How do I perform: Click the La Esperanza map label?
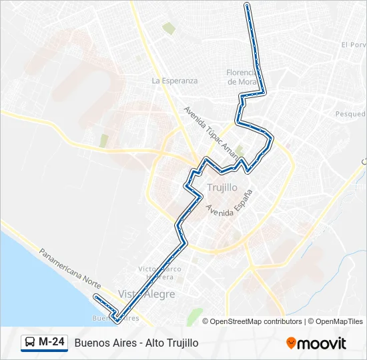point(175,81)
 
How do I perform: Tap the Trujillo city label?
point(222,187)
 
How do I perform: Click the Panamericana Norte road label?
point(70,269)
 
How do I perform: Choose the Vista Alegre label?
point(147,294)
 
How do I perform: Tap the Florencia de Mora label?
point(242,77)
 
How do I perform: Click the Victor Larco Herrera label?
point(155,273)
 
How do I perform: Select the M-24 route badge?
point(44,343)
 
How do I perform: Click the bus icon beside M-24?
point(30,343)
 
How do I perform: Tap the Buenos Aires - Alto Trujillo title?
point(137,343)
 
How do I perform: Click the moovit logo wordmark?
point(322,343)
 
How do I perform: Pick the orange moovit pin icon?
point(291,343)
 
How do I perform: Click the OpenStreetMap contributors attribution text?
point(256,321)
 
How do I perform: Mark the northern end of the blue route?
point(248,5)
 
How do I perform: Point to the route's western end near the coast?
point(96,296)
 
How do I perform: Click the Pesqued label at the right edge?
point(350,114)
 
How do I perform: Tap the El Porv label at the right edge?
point(354,45)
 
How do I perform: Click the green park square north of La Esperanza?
point(169,29)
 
